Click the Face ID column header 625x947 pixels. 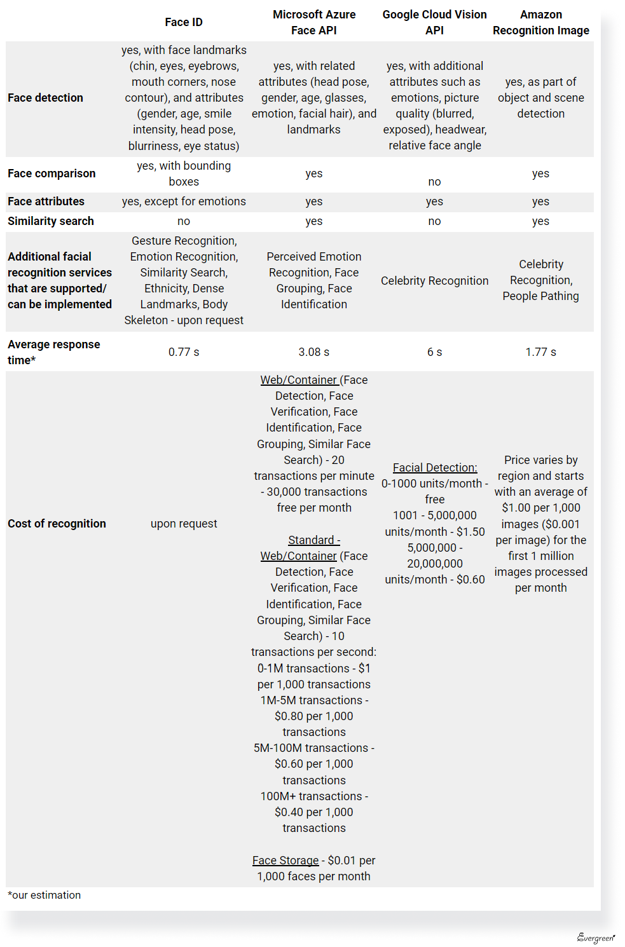pos(184,22)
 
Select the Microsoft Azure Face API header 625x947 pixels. pos(314,22)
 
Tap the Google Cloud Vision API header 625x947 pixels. pos(434,22)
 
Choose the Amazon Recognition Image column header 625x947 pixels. pos(540,22)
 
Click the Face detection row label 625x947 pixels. pos(46,98)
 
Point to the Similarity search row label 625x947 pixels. pos(51,221)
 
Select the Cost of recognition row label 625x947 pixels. pos(57,524)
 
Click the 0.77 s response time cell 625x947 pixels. pos(184,352)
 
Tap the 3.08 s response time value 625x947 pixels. pos(314,352)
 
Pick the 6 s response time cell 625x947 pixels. pos(434,352)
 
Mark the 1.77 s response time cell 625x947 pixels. pos(540,352)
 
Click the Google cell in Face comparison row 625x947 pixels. pos(434,182)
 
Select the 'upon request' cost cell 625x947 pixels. pos(184,524)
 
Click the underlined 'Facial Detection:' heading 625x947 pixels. pos(435,468)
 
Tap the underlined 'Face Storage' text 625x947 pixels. pos(285,861)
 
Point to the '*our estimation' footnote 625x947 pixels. pos(45,896)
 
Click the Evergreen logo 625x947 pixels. pos(596,937)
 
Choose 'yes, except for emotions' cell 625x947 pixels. pos(184,201)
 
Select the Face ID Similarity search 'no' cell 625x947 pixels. pos(184,221)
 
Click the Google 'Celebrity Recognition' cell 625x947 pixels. pos(435,281)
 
